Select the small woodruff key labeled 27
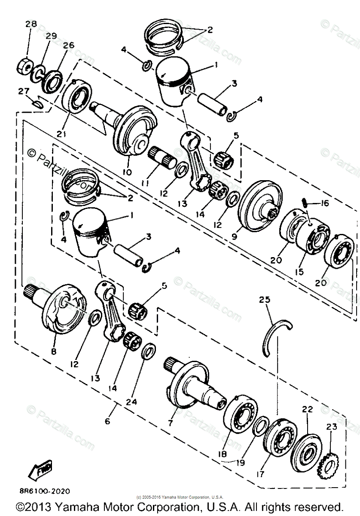tap(38, 102)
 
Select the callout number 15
tap(299, 271)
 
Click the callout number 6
tap(107, 421)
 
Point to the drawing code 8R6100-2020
tap(39, 491)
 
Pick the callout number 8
tap(54, 351)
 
